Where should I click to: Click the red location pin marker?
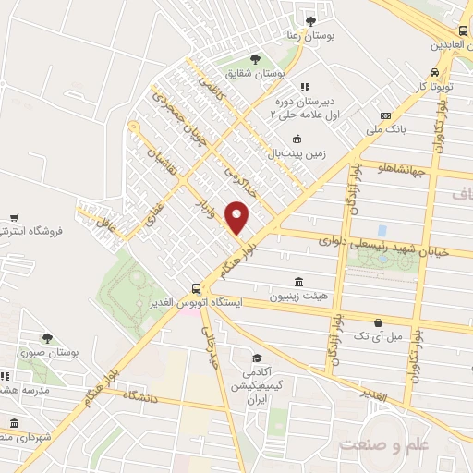pyautogui.click(x=237, y=217)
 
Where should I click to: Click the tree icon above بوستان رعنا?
pyautogui.click(x=309, y=20)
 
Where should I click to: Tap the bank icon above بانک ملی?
pyautogui.click(x=386, y=115)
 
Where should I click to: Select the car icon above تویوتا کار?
pyautogui.click(x=434, y=72)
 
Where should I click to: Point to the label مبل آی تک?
pyautogui.click(x=382, y=336)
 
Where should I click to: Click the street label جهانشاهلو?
pyautogui.click(x=399, y=167)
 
